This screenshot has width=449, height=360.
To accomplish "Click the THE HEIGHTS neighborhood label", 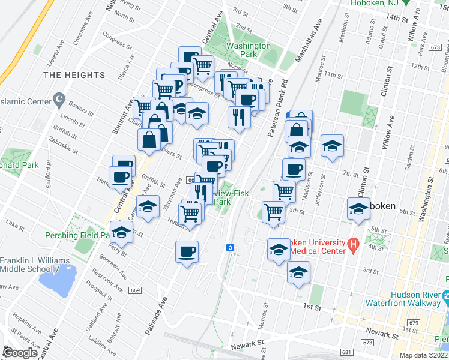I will click(74, 75).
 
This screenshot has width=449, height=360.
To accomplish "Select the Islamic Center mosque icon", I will click(59, 98).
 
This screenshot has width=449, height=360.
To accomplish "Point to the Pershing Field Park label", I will click(79, 235).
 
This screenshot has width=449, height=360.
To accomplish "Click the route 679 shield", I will click(412, 323).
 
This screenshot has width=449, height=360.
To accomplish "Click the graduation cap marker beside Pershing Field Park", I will click(122, 232).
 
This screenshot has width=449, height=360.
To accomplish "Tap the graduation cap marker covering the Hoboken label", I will click(358, 210).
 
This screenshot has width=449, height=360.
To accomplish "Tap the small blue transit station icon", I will click(229, 247).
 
